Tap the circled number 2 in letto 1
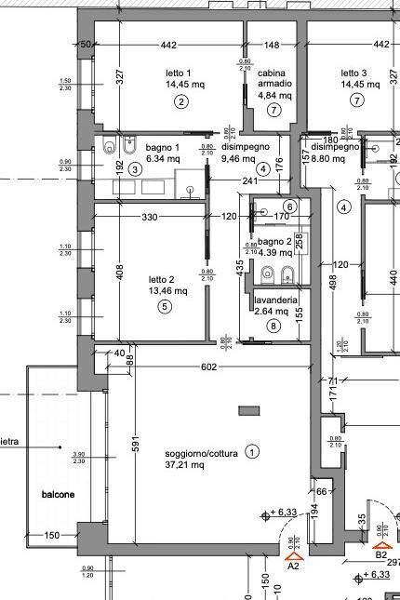click(180, 101)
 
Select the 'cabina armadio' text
click(272, 79)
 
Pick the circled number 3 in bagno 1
click(135, 168)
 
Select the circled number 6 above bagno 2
click(289, 207)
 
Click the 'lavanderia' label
click(276, 300)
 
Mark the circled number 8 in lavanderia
click(273, 326)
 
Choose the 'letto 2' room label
click(162, 278)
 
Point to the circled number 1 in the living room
click(252, 450)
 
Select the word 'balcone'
click(57, 493)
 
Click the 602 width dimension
click(208, 367)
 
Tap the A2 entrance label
click(293, 564)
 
